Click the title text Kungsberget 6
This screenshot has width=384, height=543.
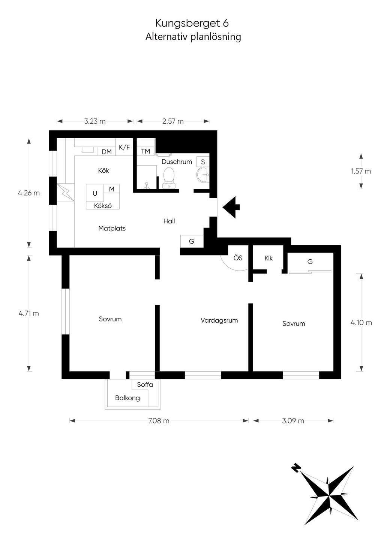[x=192, y=24]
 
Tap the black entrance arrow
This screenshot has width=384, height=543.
[x=231, y=207]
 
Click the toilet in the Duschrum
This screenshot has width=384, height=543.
[x=169, y=178]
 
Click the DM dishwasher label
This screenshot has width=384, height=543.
[x=106, y=152]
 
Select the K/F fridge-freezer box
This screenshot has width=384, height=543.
[x=124, y=147]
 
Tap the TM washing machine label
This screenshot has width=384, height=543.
[x=145, y=151]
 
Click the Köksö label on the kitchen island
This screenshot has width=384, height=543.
[x=103, y=206]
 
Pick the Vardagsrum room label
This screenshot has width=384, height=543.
[x=219, y=320]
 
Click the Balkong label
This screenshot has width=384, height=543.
[x=127, y=398]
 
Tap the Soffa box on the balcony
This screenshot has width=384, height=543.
[x=145, y=385]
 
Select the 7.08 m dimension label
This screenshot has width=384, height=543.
[x=159, y=421]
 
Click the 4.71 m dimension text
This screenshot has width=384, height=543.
[x=28, y=313]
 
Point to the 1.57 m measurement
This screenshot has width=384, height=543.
[x=361, y=171]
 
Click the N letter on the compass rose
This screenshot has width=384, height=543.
[x=295, y=468]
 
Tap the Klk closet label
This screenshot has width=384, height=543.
[x=268, y=259]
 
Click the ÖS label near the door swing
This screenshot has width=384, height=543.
[x=238, y=258]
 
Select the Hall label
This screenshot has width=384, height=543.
[x=169, y=221]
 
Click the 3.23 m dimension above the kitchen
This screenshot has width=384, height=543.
[x=95, y=121]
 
